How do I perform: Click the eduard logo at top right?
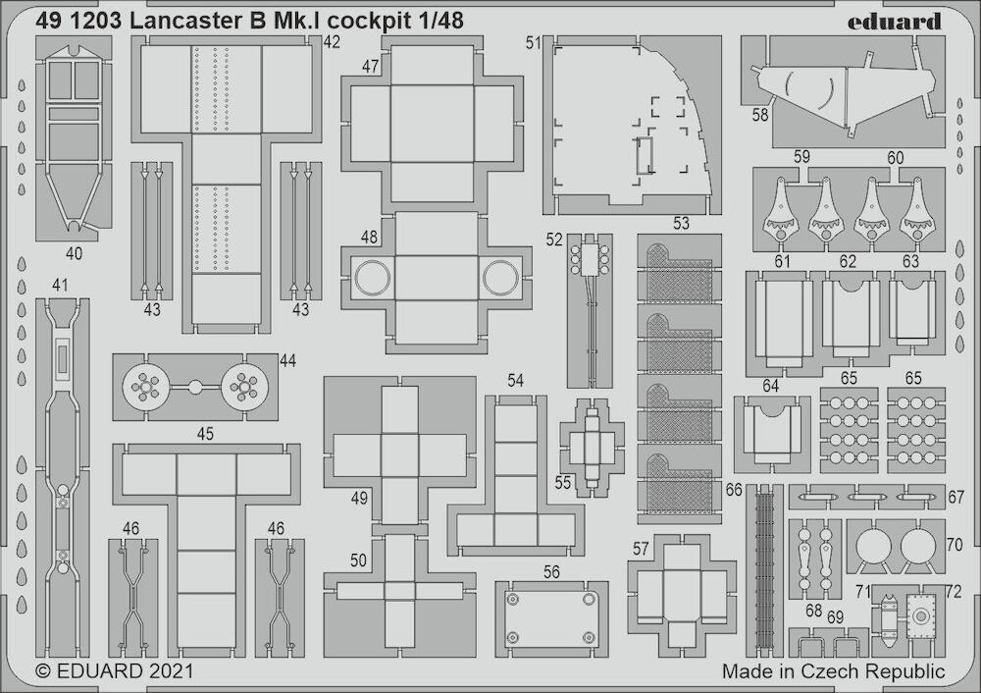pos(894,22)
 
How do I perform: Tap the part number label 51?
pos(534,43)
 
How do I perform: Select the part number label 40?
pos(74,253)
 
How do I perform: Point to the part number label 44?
pos(287,360)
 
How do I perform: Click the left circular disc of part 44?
pos(145,388)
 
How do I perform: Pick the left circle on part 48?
pos(373,278)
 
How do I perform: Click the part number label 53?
pos(681,223)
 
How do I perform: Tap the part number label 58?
pos(760,115)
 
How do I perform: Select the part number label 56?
pos(551,572)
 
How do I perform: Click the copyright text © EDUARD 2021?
pos(115,671)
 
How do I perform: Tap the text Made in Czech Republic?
pos(833,671)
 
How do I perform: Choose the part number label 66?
pos(734,490)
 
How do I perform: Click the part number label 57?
pos(640,549)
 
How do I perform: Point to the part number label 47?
pos(371,67)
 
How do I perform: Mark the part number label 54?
pos(516,381)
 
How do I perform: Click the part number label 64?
pos(771,386)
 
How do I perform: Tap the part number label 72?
pos(953,591)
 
